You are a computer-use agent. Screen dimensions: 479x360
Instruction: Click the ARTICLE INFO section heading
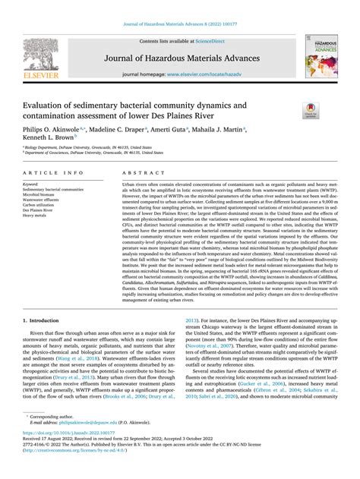[53, 174]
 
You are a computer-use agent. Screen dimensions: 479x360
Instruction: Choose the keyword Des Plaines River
[43, 210]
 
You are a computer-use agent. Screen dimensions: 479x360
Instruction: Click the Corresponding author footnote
[57, 438]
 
